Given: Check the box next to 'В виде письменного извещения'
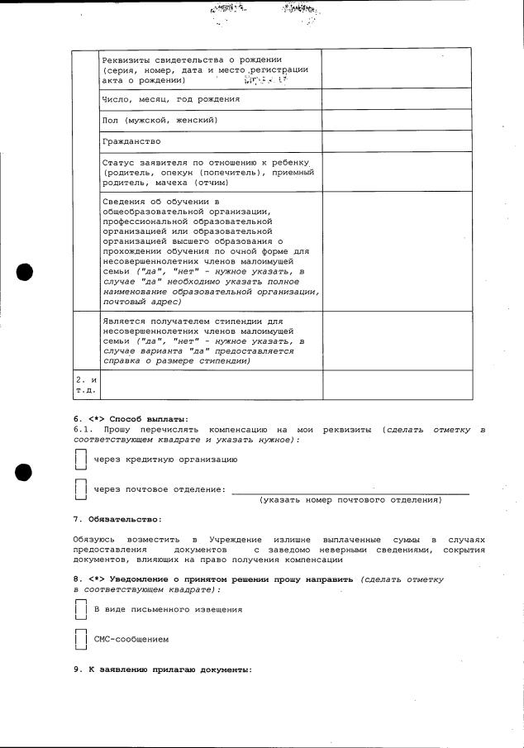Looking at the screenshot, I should coord(80,609).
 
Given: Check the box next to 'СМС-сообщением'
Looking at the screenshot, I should coord(80,639).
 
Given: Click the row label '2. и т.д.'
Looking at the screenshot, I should coord(85,384).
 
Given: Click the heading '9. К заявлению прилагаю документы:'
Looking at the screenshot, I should coord(162,669).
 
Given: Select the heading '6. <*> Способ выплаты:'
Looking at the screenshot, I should coord(131,418).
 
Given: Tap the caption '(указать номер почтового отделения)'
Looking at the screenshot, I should coord(350,500).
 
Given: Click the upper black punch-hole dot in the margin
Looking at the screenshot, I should coord(24,272).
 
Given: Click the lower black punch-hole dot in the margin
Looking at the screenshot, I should coord(24,472).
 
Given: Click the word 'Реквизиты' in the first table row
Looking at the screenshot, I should coord(125,60).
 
